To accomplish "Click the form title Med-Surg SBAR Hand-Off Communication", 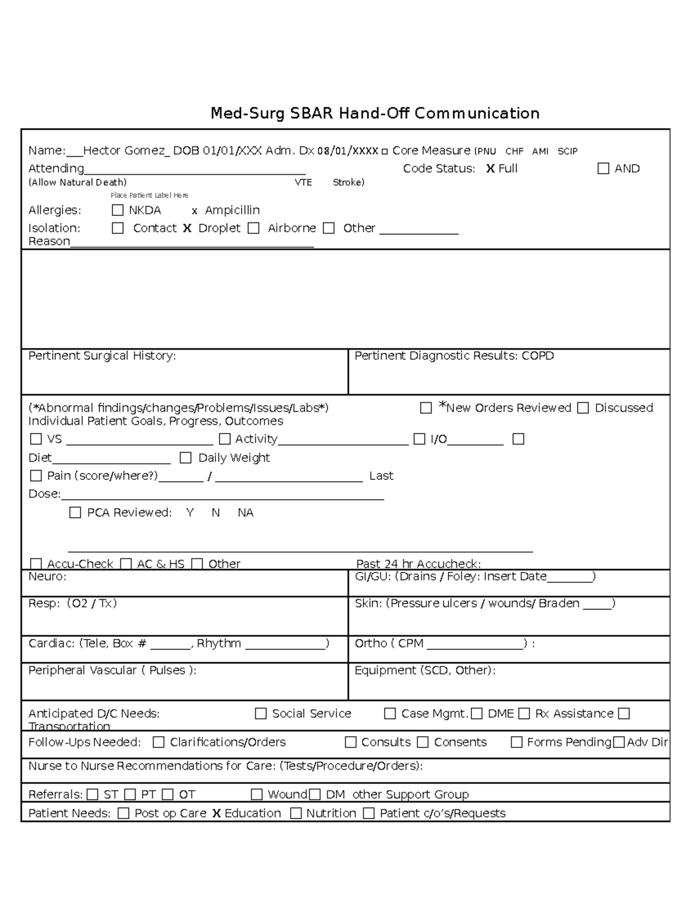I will (375, 113).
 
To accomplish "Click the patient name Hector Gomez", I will (124, 151).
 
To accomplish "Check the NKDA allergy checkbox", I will (118, 210).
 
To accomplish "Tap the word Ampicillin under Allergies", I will (232, 210).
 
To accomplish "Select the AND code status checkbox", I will (603, 168).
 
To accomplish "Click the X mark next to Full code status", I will (490, 168).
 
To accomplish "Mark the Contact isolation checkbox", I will (118, 228).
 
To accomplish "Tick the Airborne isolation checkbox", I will (253, 228).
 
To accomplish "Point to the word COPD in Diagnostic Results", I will (537, 355).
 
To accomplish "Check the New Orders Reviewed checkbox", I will (426, 408).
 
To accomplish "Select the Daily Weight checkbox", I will (185, 458).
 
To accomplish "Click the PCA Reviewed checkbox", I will (75, 512).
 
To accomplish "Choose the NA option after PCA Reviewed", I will (245, 512).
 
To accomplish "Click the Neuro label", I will (47, 577).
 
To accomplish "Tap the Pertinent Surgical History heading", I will (102, 355).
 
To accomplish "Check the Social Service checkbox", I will (261, 714).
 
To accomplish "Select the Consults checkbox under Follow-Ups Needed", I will (350, 742).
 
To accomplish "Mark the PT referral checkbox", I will (130, 794).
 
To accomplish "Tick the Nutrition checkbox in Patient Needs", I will (295, 813).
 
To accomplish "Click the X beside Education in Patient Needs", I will (216, 813).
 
